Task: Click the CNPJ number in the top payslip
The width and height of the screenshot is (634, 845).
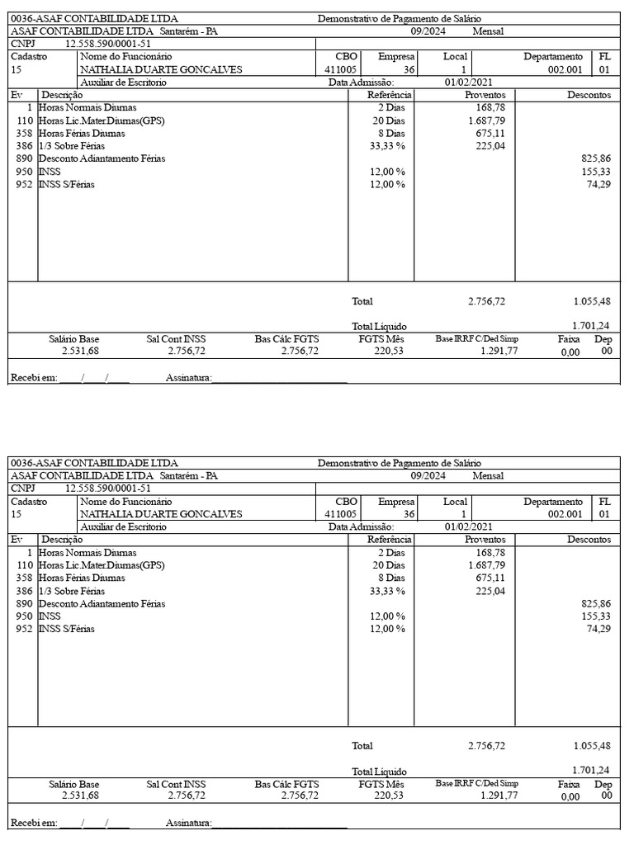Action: [104, 44]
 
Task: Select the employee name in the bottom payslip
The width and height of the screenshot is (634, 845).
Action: [161, 514]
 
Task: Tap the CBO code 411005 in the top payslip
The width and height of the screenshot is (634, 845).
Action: [341, 69]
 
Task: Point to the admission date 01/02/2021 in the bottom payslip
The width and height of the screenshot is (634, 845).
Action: [468, 526]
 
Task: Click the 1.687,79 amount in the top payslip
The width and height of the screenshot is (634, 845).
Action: [487, 120]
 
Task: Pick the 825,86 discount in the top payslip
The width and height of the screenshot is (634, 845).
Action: [596, 158]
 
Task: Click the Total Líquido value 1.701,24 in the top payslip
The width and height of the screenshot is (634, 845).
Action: [591, 325]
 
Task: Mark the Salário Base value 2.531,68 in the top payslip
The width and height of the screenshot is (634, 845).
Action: [80, 351]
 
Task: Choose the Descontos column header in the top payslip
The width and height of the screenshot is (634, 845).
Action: [589, 95]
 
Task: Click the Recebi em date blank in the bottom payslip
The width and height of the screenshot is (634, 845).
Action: [94, 823]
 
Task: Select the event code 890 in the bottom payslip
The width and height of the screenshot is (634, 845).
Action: [23, 603]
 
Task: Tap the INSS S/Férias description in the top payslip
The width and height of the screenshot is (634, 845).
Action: [66, 183]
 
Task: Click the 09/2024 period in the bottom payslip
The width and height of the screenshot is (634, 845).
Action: [428, 476]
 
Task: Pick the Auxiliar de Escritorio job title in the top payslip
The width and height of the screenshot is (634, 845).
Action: [123, 83]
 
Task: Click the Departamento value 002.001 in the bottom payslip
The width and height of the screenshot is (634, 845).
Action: [565, 514]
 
